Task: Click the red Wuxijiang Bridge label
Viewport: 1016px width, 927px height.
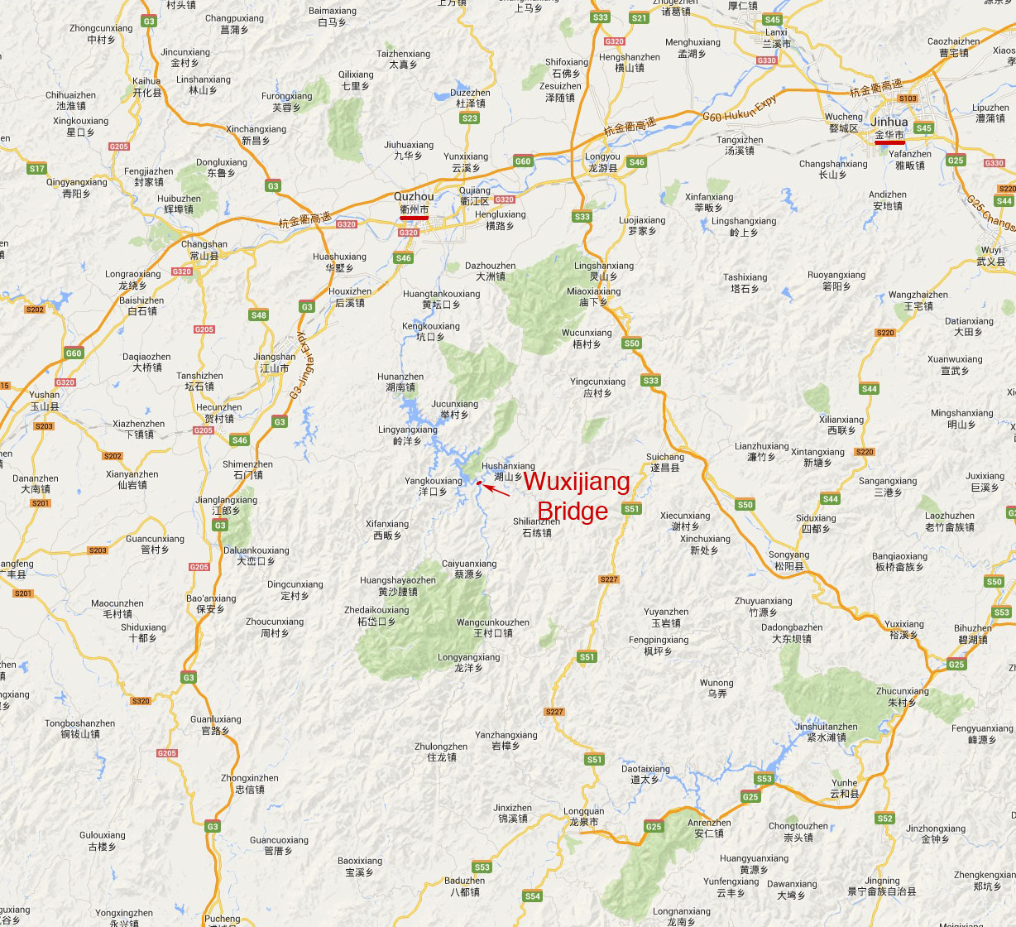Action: pos(576,496)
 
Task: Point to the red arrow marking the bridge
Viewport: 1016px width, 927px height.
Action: pos(496,490)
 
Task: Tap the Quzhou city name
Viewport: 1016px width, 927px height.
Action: pos(414,197)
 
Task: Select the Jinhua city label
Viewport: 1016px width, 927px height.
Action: pos(889,122)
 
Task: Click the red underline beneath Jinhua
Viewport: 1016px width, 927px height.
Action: pos(889,142)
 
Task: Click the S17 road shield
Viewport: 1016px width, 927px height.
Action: pos(36,169)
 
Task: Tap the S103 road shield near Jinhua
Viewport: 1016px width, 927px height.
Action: pos(908,98)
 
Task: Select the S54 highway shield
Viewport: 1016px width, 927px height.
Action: pos(532,896)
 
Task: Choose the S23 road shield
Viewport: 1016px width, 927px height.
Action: pos(470,118)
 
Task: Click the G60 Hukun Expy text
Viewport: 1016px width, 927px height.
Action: pos(740,108)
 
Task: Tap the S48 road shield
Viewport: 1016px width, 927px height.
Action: pos(258,315)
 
